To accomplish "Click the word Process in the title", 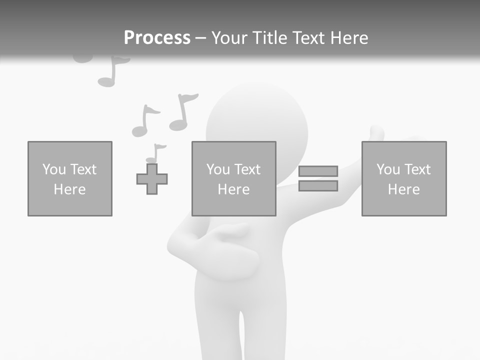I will click(x=157, y=38).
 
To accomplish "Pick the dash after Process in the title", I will click(x=200, y=38).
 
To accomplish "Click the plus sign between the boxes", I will click(x=152, y=179).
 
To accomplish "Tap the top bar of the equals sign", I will click(x=318, y=171).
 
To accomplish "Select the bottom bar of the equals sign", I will click(x=318, y=186).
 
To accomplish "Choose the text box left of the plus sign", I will click(x=70, y=178).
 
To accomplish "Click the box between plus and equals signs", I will click(x=234, y=178).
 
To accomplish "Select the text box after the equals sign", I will click(x=404, y=178).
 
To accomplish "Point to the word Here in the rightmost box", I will click(x=404, y=189).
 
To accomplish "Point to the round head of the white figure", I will click(x=256, y=120).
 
